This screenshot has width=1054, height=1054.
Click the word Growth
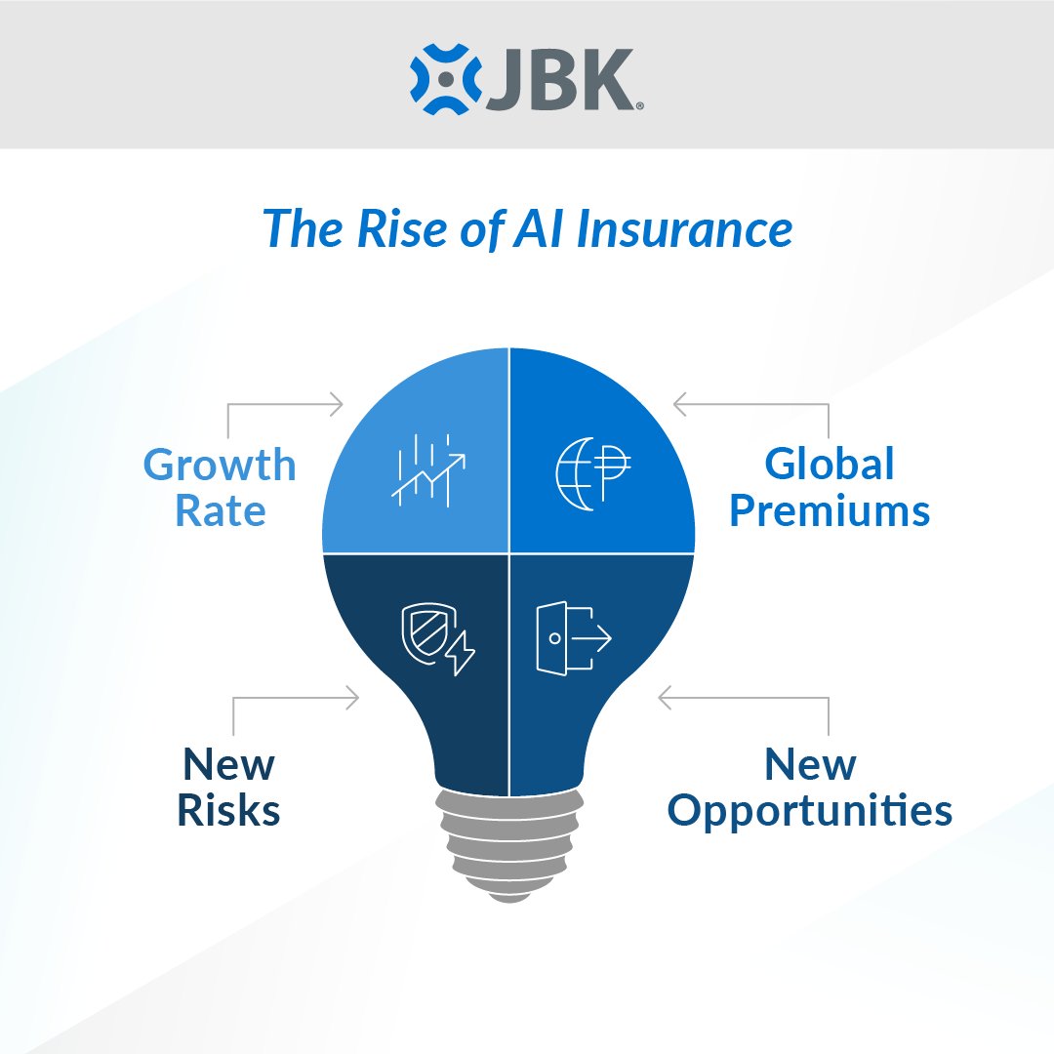click(x=220, y=466)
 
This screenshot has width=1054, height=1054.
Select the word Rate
click(x=220, y=510)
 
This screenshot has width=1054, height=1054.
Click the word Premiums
click(x=830, y=510)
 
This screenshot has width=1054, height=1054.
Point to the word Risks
click(x=228, y=811)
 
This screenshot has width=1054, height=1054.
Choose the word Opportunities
click(x=810, y=811)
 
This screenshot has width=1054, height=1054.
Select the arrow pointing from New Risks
click(x=293, y=698)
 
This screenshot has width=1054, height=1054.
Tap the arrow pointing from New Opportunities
click(x=742, y=698)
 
